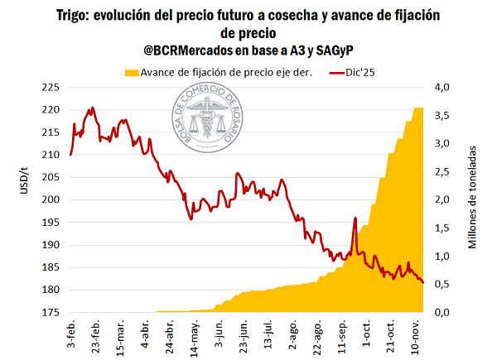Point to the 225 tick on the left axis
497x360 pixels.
click(x=51, y=87)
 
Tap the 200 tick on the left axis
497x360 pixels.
click(x=51, y=199)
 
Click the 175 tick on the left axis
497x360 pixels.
click(x=51, y=312)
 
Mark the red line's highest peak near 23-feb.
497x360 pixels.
click(x=91, y=108)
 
